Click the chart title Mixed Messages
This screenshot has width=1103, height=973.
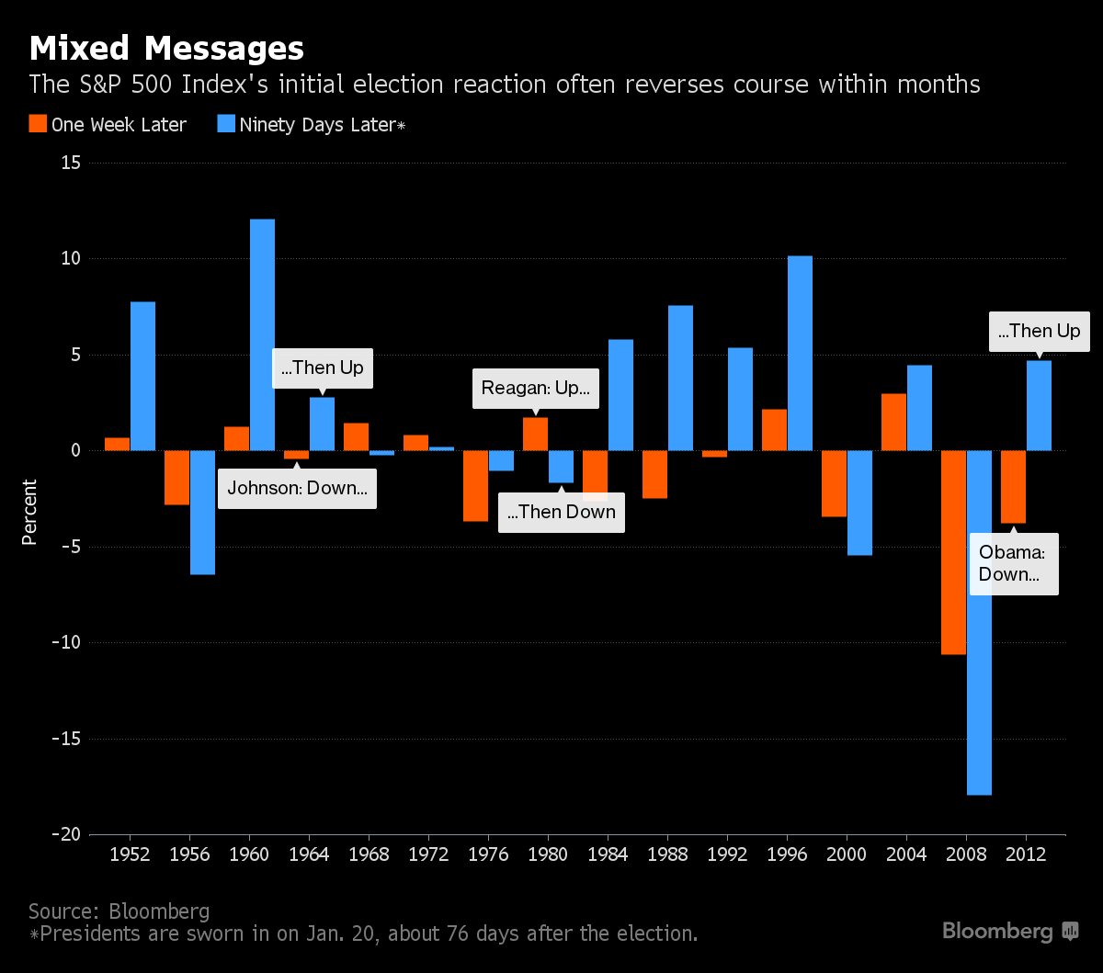click(x=166, y=48)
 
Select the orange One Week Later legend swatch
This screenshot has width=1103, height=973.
click(x=38, y=124)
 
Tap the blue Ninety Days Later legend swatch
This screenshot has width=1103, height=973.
click(x=225, y=124)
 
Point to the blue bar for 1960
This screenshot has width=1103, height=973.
click(x=262, y=334)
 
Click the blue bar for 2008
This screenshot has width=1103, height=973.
click(x=979, y=622)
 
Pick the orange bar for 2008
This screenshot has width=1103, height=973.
click(x=953, y=552)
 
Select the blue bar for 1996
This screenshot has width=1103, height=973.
click(x=800, y=353)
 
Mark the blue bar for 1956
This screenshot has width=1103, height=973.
click(x=202, y=512)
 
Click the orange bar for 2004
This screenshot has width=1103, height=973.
click(x=893, y=422)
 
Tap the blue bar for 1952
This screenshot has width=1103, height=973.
click(x=142, y=376)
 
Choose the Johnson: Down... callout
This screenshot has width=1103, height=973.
click(x=297, y=488)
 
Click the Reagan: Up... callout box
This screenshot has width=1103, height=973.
click(x=536, y=389)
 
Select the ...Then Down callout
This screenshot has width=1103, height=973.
click(x=561, y=512)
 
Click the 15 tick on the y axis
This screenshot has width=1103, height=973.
click(x=71, y=163)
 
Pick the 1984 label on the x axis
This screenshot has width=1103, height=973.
click(x=608, y=854)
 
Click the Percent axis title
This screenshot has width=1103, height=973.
click(x=29, y=512)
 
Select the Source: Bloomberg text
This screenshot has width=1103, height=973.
click(x=119, y=911)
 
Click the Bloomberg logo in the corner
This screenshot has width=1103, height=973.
click(x=1009, y=931)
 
